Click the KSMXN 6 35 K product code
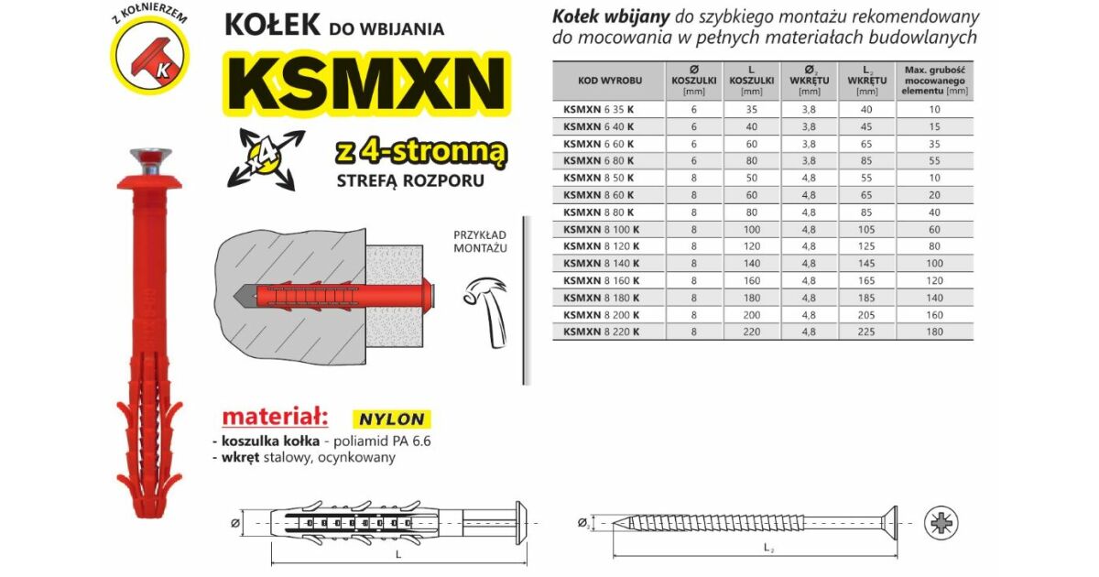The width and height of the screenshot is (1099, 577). tap(598, 109)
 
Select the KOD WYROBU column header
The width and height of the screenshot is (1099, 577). tap(609, 81)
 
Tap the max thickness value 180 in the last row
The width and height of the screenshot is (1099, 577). tap(934, 332)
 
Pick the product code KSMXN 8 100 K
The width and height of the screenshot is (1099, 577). tap(601, 229)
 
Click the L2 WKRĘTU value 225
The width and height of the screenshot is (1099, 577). tap(866, 332)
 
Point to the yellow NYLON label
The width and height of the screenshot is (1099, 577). tap(392, 419)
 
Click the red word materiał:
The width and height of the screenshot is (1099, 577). tap(275, 417)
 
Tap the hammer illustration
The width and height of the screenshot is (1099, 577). tap(486, 311)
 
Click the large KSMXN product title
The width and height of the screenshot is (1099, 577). tap(367, 84)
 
